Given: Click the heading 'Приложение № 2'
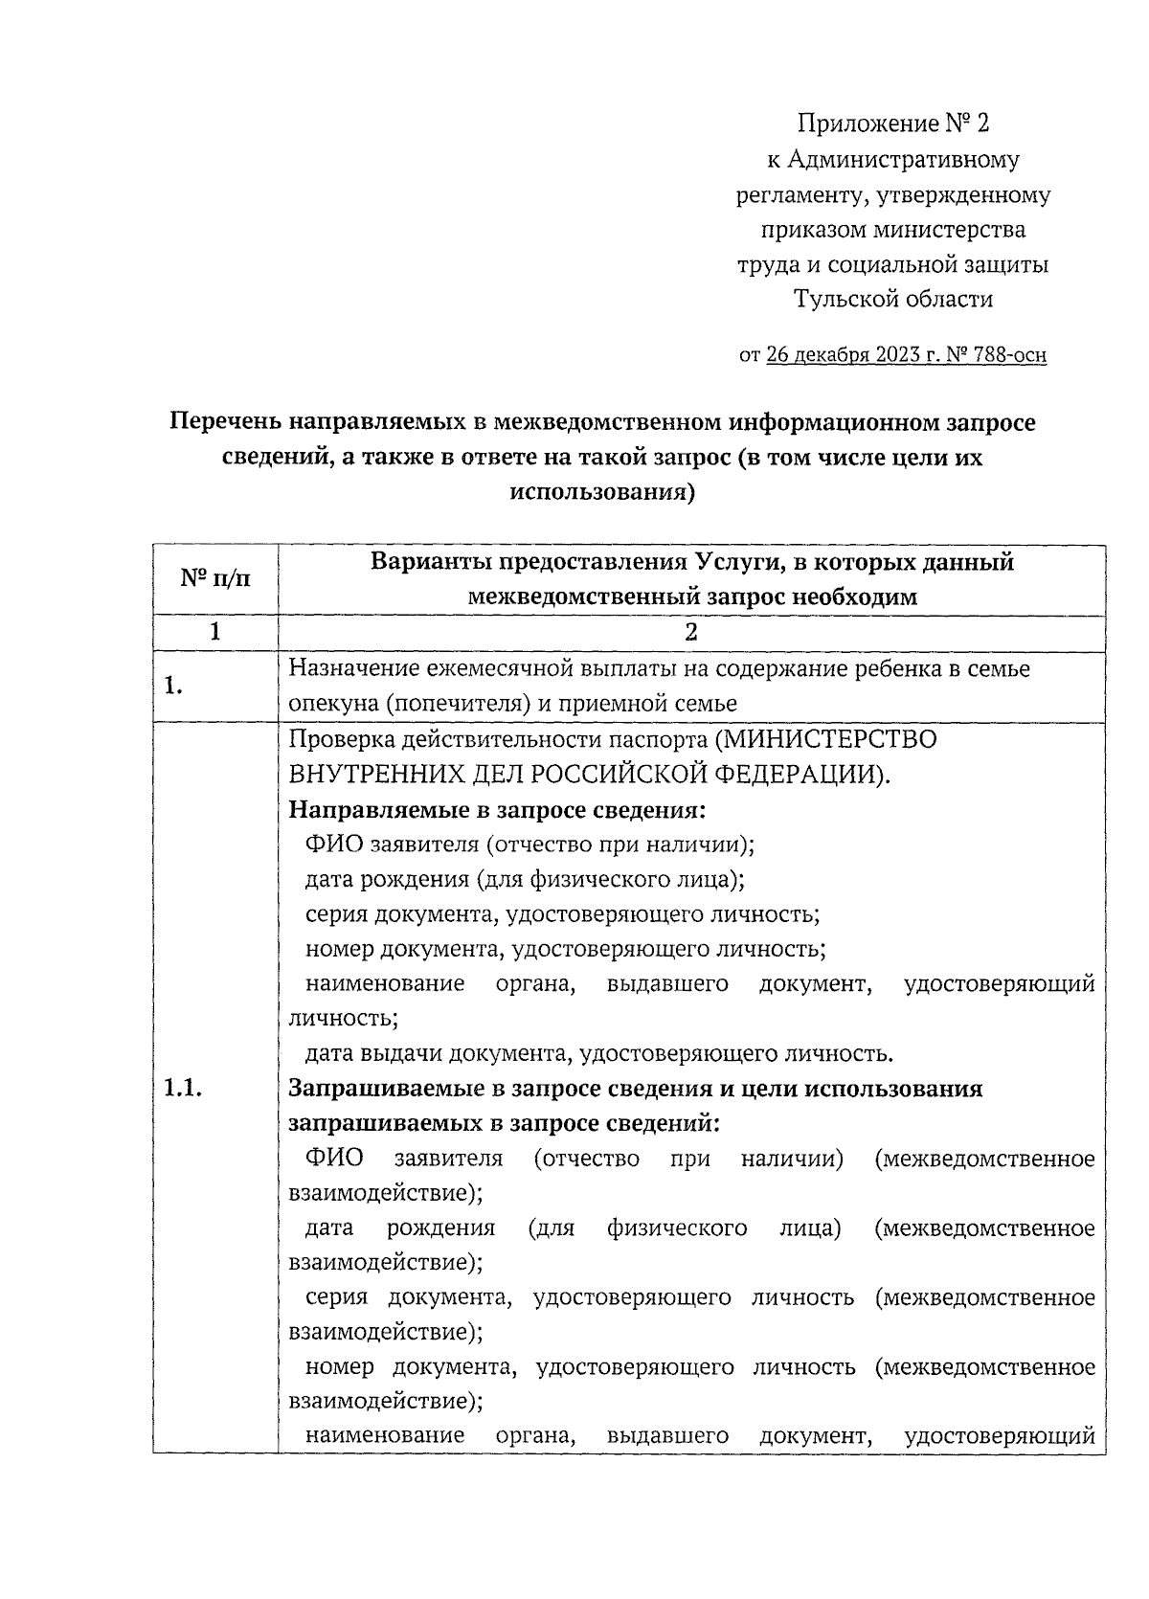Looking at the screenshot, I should pyautogui.click(x=892, y=124).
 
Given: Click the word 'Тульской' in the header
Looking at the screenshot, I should pyautogui.click(x=844, y=300).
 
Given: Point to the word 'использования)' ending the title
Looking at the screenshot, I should pyautogui.click(x=602, y=493).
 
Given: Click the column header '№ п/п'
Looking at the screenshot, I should pyautogui.click(x=215, y=579).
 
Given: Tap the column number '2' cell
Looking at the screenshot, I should pyautogui.click(x=691, y=632).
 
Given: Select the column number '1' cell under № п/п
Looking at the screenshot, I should pyautogui.click(x=215, y=632).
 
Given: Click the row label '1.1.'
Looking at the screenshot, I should pyautogui.click(x=183, y=1089).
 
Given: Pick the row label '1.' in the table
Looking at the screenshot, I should pyautogui.click(x=173, y=687).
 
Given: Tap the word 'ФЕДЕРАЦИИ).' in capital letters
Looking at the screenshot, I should pyautogui.click(x=817, y=775).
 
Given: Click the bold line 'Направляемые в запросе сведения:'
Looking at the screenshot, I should pyautogui.click(x=497, y=810).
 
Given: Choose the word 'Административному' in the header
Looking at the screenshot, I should pyautogui.click(x=903, y=160).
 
